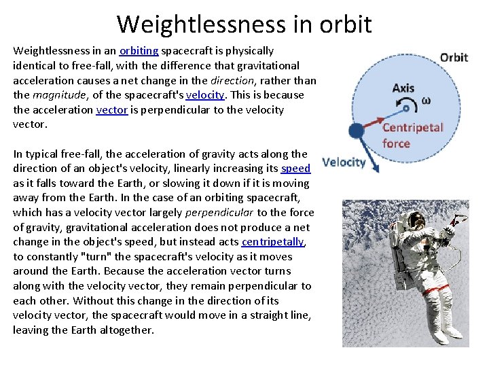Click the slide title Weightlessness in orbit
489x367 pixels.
click(244, 24)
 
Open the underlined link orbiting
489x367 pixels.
click(139, 51)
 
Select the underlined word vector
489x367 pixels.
click(112, 110)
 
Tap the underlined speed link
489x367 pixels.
click(295, 169)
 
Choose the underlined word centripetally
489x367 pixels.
click(272, 242)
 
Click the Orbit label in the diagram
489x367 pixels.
click(454, 57)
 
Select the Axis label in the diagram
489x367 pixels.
click(403, 88)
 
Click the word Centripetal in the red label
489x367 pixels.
click(412, 127)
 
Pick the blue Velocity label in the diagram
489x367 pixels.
click(344, 162)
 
